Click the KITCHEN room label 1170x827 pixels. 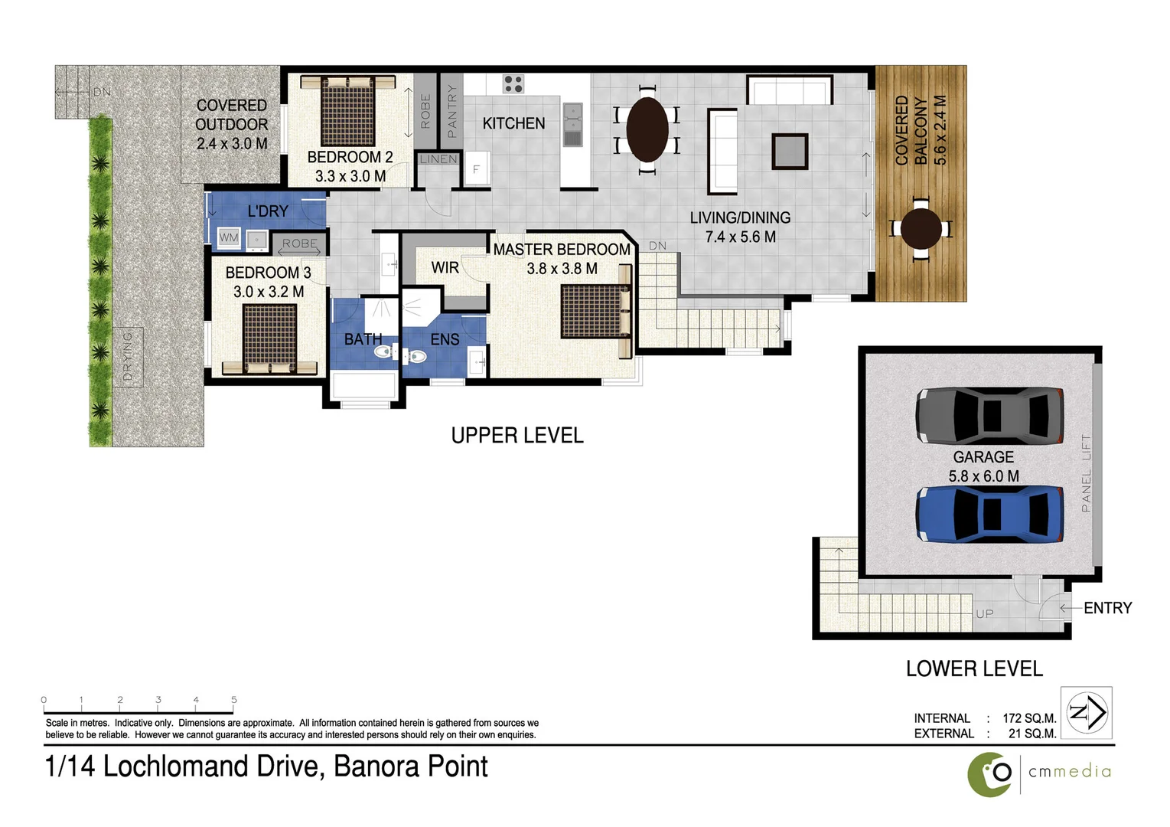[x=513, y=123]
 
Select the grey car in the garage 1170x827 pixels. [x=989, y=416]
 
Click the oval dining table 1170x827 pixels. [x=647, y=129]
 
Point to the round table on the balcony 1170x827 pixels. [x=921, y=228]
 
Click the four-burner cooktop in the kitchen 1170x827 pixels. [x=513, y=83]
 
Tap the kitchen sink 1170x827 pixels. [x=572, y=124]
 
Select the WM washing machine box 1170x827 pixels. [x=229, y=238]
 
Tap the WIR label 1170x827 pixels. [x=445, y=267]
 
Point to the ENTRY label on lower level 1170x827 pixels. [x=1107, y=608]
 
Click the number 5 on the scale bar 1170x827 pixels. [x=234, y=700]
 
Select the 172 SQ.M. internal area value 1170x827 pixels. [x=1029, y=718]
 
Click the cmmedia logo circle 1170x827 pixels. [x=989, y=774]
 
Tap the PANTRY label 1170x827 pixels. [x=451, y=112]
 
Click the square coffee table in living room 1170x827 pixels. [x=790, y=151]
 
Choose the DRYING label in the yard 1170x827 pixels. [x=128, y=357]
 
